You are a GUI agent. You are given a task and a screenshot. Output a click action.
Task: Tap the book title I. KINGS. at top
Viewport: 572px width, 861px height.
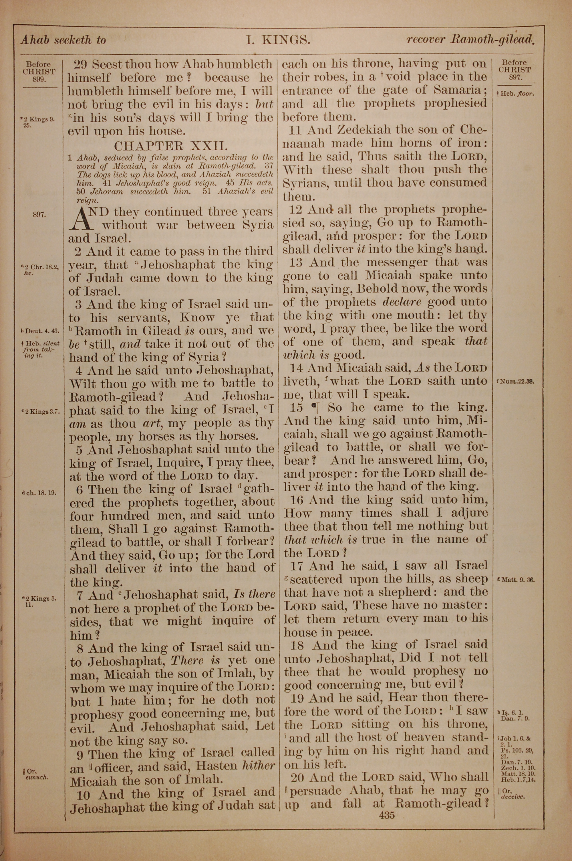coord(278,40)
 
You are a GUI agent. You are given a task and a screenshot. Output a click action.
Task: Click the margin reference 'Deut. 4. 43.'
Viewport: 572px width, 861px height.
coord(41,331)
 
